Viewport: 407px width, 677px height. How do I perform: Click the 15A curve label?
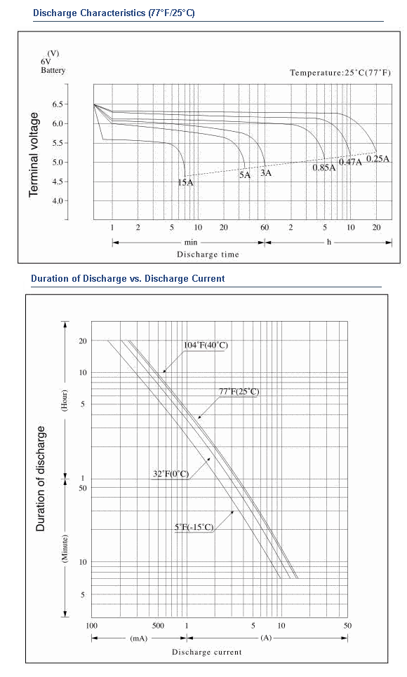click(x=185, y=182)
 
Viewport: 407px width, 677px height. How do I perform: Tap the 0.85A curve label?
click(x=324, y=167)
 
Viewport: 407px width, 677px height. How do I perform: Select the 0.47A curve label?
click(x=350, y=162)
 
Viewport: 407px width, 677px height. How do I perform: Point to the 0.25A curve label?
click(x=378, y=158)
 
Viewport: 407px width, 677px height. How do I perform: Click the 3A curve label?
click(x=265, y=172)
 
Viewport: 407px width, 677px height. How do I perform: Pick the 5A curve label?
click(x=245, y=175)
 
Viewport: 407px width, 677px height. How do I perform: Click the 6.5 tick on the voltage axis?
click(x=58, y=104)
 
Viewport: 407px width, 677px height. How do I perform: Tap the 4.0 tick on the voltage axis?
click(x=58, y=200)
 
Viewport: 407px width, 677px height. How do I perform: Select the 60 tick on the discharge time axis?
click(x=265, y=228)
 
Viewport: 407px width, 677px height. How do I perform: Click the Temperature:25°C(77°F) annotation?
click(x=340, y=73)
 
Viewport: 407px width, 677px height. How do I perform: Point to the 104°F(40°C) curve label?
click(x=206, y=345)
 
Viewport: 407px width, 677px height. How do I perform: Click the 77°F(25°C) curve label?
click(x=239, y=392)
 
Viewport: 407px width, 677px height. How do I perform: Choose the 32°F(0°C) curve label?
click(x=171, y=474)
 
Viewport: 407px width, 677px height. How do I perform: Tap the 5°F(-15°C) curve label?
click(x=194, y=527)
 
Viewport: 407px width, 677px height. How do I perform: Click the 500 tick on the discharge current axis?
click(x=159, y=626)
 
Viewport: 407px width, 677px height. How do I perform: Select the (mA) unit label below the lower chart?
click(x=139, y=638)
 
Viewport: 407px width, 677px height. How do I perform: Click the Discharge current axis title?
click(x=207, y=652)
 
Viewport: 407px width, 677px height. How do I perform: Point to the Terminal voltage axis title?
click(x=34, y=155)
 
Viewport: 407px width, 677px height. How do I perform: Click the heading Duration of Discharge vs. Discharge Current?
click(x=128, y=278)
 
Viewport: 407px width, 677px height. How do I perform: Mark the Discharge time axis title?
click(x=208, y=254)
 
